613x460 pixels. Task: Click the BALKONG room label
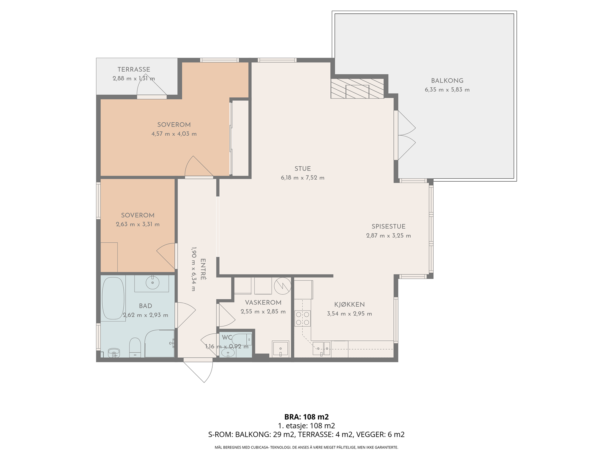coord(447,81)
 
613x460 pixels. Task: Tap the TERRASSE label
coord(134,69)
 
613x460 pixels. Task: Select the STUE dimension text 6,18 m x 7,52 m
coord(303,177)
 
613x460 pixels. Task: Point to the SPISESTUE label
coord(388,227)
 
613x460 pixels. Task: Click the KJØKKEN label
coord(349,304)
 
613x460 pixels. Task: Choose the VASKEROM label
coord(263,302)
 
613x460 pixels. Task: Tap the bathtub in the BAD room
coord(113,298)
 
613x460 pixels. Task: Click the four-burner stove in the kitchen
coord(302,319)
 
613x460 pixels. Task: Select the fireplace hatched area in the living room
coord(357,89)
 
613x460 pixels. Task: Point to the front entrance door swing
coord(198,371)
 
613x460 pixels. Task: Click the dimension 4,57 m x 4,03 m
coord(174,134)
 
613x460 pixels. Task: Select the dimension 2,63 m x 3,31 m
coord(138,224)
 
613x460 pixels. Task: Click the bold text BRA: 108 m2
coord(306,417)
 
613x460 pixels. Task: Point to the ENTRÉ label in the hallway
coord(203,269)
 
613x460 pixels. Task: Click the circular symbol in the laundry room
coord(282,286)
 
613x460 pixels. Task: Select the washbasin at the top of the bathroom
coord(152,283)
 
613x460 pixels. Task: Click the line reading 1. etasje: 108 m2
coord(306,426)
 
